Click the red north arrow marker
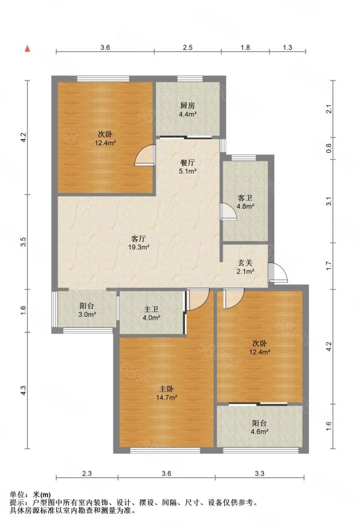(x=28, y=49)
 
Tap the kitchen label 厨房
(x=187, y=106)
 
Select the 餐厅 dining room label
(x=187, y=163)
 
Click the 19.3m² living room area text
(x=139, y=247)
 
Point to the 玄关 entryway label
(x=245, y=263)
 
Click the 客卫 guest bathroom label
(x=245, y=198)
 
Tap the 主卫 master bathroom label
(x=152, y=309)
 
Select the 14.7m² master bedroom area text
(x=167, y=397)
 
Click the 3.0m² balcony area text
(x=87, y=314)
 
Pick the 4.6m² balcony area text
(x=260, y=431)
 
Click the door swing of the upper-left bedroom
(x=146, y=155)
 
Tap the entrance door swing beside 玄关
(x=278, y=272)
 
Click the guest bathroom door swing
(x=228, y=211)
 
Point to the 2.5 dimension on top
(x=187, y=48)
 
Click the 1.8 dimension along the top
(x=245, y=48)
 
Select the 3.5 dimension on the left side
(x=23, y=242)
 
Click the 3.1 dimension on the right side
(x=329, y=202)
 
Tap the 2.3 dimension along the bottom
(x=87, y=474)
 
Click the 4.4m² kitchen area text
(x=188, y=114)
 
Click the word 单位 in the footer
(x=16, y=495)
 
